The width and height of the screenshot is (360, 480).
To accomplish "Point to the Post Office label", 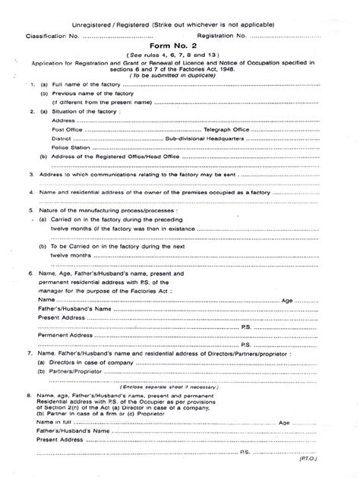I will (x=68, y=129).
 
